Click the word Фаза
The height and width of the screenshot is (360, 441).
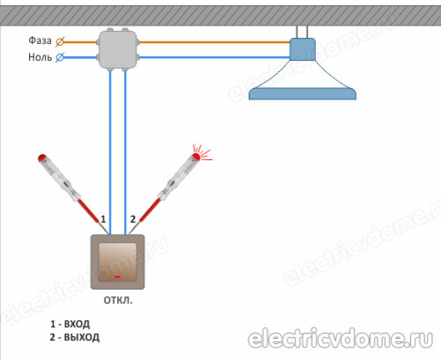pos(40,40)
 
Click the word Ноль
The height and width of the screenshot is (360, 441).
pos(40,57)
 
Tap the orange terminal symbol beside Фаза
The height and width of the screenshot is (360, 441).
pos(60,42)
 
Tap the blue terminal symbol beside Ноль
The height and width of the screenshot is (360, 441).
pos(60,57)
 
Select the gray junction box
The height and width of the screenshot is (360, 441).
pos(118,49)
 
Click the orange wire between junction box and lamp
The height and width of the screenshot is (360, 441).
pos(215,42)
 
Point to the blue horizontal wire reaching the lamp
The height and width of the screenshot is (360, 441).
pos(215,57)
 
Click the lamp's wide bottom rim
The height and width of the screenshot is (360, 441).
pos(303,94)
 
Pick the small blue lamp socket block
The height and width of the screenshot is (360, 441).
pos(303,49)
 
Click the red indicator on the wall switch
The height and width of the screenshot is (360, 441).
pos(118,276)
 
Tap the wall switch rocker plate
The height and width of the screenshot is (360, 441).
pos(118,262)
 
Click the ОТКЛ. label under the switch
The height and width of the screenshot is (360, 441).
pos(118,300)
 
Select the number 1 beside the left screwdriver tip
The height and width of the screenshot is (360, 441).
pos(103,219)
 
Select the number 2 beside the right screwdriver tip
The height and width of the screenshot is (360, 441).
pos(133,219)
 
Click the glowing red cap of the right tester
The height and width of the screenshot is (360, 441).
pos(196,157)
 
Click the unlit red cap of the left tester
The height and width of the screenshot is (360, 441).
pos(42,158)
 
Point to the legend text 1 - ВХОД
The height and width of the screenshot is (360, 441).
pos(70,324)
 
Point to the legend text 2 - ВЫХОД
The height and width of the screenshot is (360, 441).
pos(75,337)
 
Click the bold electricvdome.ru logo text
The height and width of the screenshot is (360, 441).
pos(341,339)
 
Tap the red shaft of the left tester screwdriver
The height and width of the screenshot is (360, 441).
pos(88,210)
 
